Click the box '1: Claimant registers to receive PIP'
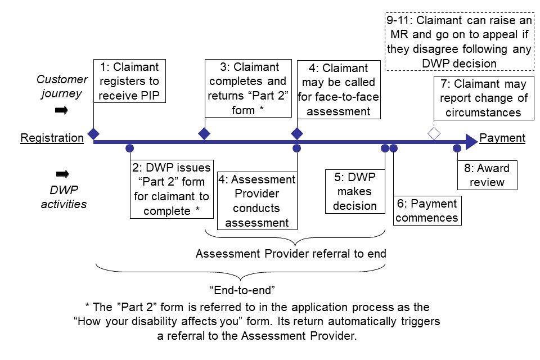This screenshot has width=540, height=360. (130, 82)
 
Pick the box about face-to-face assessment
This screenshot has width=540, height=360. (339, 90)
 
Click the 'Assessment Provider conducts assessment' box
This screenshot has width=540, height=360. (256, 201)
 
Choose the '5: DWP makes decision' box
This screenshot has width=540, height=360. (354, 192)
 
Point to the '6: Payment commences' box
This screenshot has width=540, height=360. (427, 210)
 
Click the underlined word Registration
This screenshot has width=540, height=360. (52, 138)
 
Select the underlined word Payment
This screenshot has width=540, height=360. (502, 138)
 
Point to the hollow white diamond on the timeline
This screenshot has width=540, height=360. (434, 134)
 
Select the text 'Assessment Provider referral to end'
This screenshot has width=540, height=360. (291, 254)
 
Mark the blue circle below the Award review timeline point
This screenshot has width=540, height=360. (457, 148)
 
